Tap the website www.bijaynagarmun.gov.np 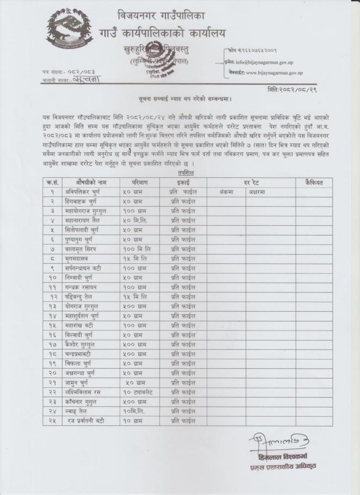click(x=274, y=72)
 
